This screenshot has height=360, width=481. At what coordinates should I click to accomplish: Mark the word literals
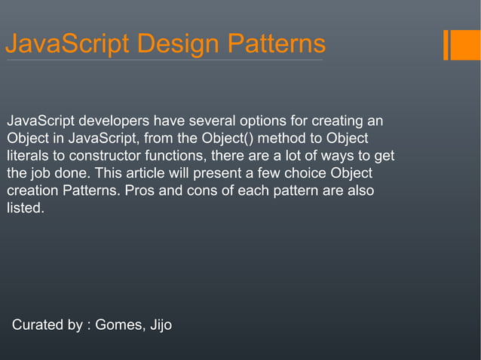click(29, 156)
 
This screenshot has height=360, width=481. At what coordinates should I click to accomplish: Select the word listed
click(26, 208)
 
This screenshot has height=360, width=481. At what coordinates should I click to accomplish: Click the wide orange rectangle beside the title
click(461, 44)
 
